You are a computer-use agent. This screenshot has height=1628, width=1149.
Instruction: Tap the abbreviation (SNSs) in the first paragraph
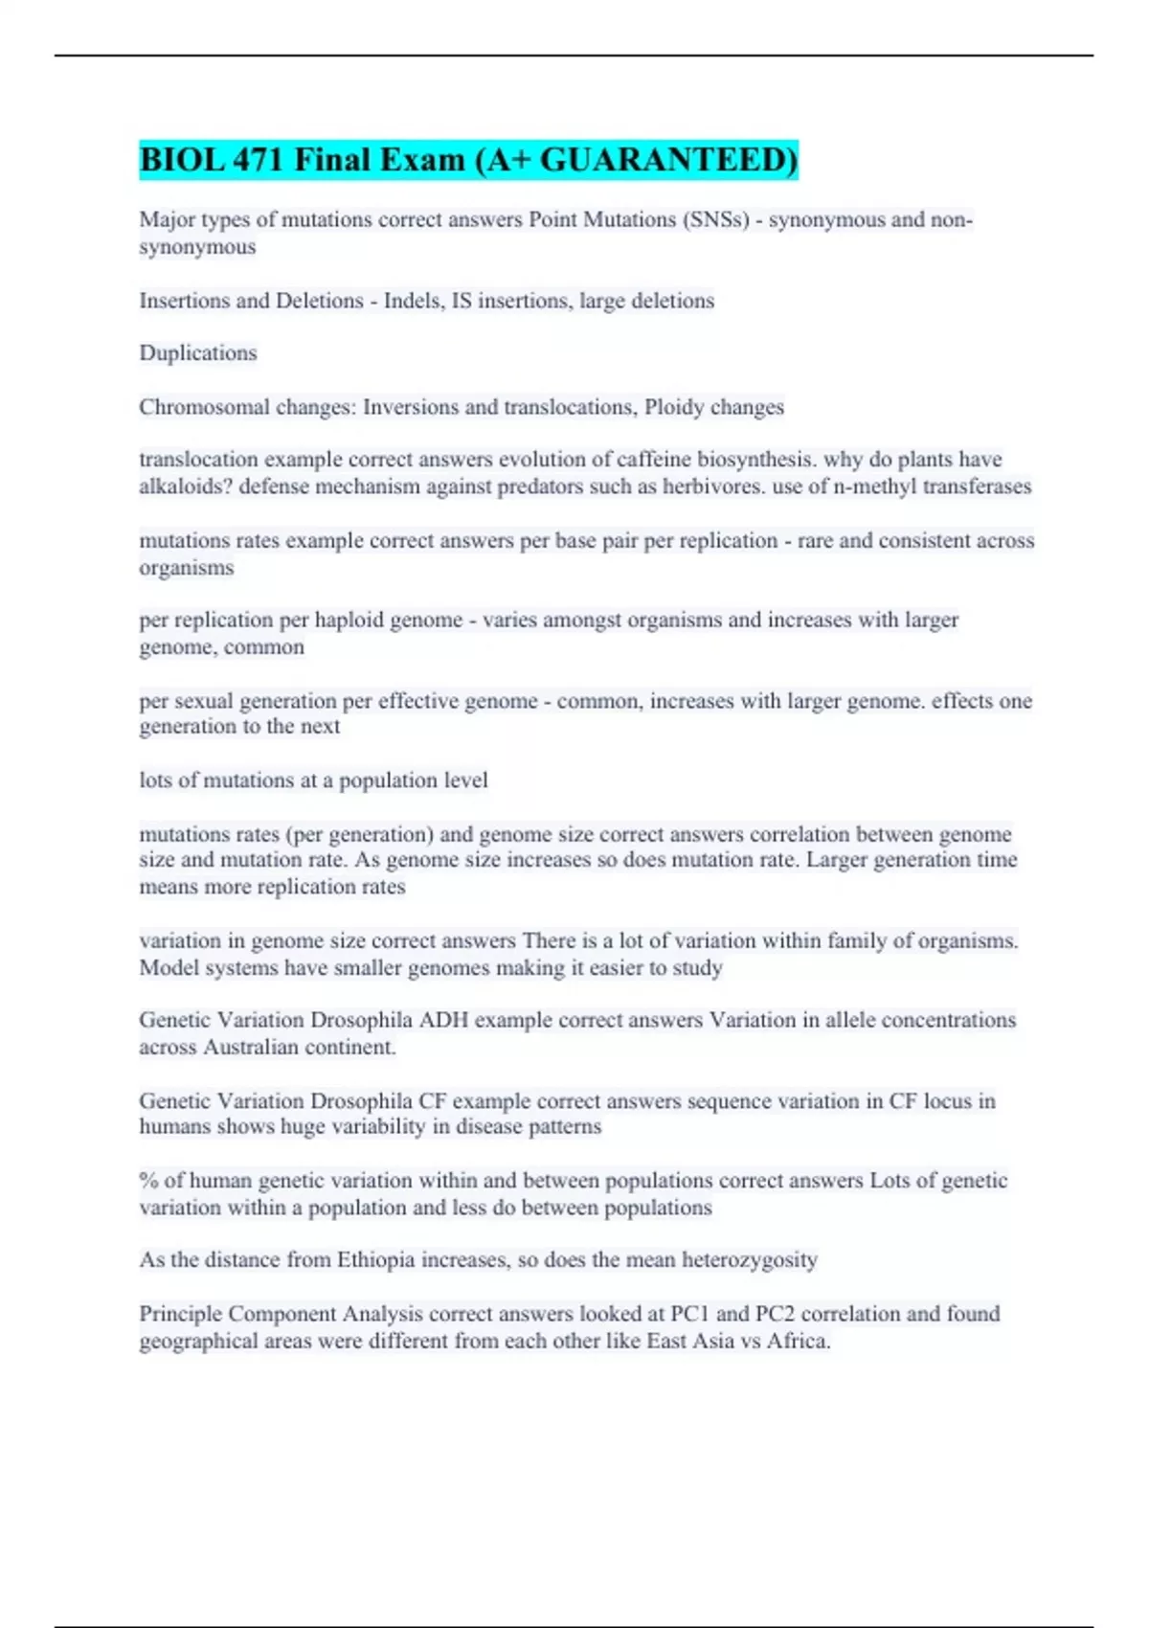(715, 220)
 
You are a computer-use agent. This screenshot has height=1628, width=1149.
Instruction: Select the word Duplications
(198, 353)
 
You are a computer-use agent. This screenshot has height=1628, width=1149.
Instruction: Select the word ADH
(443, 1020)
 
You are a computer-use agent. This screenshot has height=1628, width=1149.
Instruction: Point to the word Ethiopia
(381, 1260)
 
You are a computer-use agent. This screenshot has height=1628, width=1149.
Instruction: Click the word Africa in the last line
(798, 1341)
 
